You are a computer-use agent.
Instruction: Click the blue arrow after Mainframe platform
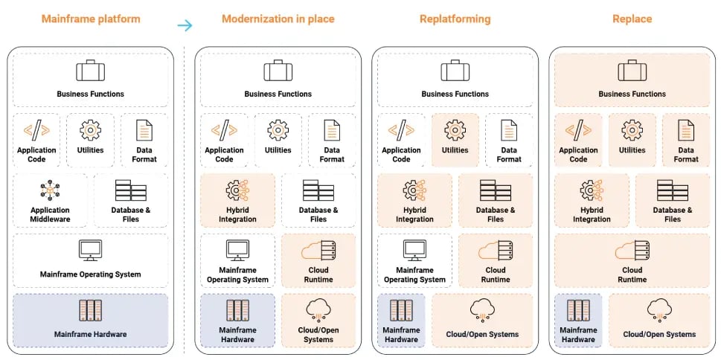185,25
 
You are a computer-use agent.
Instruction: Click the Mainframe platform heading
91,19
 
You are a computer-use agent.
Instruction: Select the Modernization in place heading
278,19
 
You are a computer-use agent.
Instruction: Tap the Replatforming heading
455,19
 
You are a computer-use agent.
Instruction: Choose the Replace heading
632,19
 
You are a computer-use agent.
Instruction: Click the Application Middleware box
50,201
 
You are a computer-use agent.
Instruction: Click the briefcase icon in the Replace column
632,71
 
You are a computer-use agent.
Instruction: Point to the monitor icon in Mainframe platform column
90,250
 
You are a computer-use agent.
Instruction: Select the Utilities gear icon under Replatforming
455,130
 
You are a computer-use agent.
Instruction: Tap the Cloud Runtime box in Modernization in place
318,260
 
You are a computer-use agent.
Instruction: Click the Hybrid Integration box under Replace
592,201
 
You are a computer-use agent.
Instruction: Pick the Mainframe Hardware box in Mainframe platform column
90,320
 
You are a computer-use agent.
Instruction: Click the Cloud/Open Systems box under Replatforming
481,320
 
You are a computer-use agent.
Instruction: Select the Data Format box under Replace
685,140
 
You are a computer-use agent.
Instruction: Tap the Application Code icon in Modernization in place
224,130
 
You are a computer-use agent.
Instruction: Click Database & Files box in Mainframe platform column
130,201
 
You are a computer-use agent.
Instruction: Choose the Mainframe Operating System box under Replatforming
414,260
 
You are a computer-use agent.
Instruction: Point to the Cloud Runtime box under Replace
632,260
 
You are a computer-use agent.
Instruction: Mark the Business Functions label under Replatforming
455,94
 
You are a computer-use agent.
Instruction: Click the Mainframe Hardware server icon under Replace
578,310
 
